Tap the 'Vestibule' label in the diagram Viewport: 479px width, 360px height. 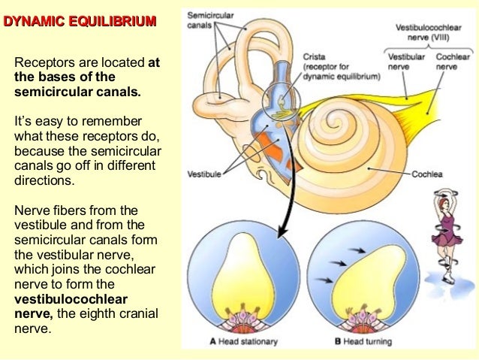[204, 174]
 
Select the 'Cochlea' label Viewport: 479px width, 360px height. [429, 174]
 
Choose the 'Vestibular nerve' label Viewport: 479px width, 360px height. [406, 60]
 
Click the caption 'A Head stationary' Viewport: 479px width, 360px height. [243, 342]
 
